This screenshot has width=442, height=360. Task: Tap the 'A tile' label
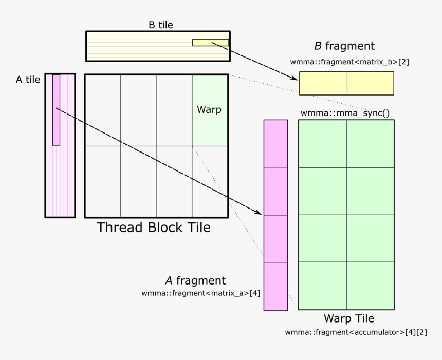click(x=28, y=80)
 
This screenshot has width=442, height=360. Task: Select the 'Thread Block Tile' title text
click(x=154, y=227)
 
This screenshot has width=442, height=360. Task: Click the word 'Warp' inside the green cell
click(x=209, y=110)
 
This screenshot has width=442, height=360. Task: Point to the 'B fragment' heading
click(x=344, y=46)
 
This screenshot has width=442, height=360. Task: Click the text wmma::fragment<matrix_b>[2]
click(x=349, y=62)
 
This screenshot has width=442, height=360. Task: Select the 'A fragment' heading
click(x=195, y=281)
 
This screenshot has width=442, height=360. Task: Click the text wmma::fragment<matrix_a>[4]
click(x=200, y=294)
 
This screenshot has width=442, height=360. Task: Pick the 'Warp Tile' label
click(x=348, y=318)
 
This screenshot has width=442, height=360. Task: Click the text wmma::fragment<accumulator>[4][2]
click(x=356, y=332)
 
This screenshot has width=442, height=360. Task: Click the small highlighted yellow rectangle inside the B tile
click(x=210, y=43)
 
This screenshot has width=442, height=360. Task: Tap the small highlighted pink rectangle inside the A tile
click(x=56, y=110)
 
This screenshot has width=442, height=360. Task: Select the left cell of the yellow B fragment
click(x=323, y=83)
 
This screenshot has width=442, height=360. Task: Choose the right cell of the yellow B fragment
click(x=370, y=83)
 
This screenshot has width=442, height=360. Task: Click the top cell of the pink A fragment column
click(x=275, y=144)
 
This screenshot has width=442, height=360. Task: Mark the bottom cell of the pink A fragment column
click(x=275, y=287)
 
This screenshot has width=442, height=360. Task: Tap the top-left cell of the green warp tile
click(x=322, y=144)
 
